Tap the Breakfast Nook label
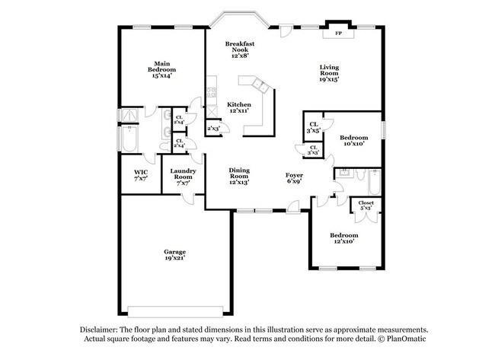239,49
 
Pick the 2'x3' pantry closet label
214,129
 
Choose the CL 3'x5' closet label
313,127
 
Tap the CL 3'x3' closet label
313,151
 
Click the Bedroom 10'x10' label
347,139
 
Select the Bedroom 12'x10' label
343,239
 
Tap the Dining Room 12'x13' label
239,177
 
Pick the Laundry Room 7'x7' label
184,177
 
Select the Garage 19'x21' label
174,255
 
